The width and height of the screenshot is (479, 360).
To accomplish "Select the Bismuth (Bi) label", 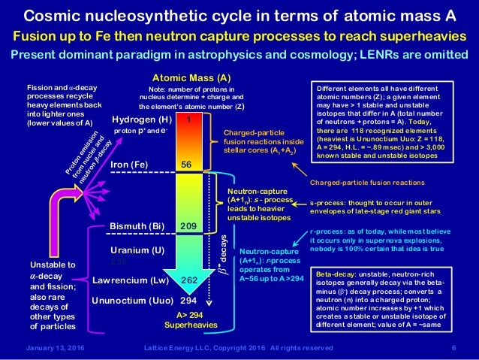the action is [137, 225].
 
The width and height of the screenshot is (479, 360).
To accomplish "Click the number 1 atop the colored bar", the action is [190, 119].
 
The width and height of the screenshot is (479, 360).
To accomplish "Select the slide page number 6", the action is [454, 346].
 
